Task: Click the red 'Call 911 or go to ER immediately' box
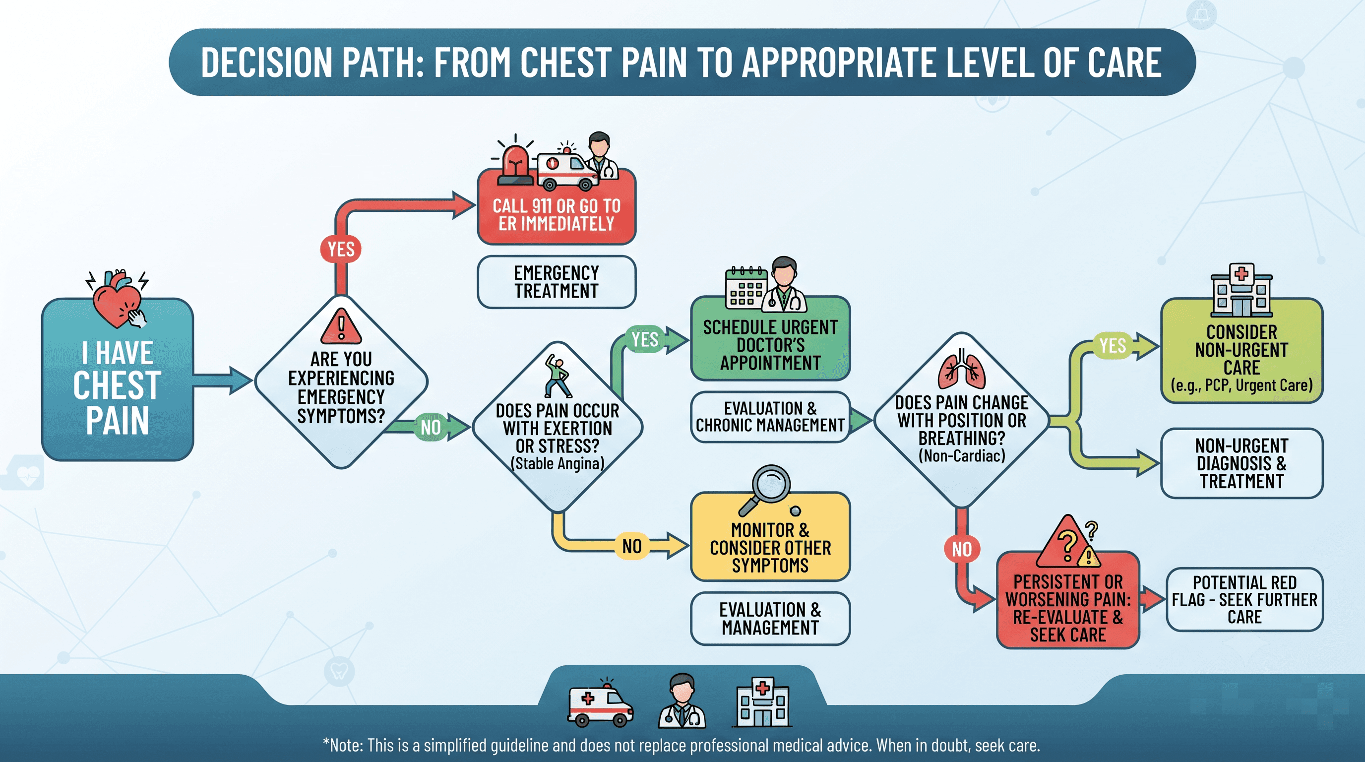(x=557, y=207)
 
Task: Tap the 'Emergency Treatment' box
(x=557, y=282)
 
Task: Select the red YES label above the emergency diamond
(x=341, y=249)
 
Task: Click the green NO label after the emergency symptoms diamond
(x=430, y=427)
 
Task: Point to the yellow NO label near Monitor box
(x=631, y=546)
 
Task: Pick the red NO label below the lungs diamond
(x=962, y=549)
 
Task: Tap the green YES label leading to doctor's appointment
(x=644, y=339)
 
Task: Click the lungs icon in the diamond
(x=962, y=370)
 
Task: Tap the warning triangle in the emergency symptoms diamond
(x=341, y=326)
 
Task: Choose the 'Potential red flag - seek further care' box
(x=1244, y=600)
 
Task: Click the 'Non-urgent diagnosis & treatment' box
(x=1241, y=463)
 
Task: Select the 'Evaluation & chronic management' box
(x=770, y=417)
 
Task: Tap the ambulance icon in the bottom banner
(x=600, y=702)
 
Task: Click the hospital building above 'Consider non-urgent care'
(x=1241, y=290)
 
